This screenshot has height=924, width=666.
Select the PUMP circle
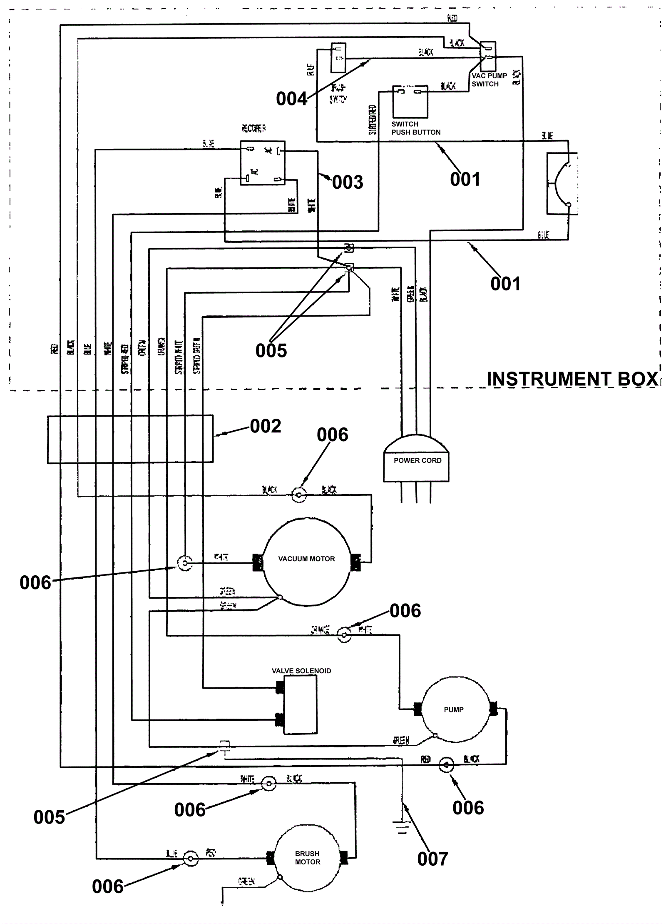[454, 709]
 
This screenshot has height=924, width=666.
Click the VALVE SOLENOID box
[300, 704]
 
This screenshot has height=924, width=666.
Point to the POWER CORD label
[417, 460]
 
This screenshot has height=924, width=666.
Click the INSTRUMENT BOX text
[572, 379]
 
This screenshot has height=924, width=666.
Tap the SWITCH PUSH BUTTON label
[415, 128]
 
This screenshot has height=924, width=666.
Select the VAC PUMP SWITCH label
[489, 80]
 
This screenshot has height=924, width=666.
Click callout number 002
[266, 426]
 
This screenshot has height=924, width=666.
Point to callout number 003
[348, 182]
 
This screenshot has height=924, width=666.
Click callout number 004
[291, 99]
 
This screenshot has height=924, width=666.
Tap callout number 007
[432, 859]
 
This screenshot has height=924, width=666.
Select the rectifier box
[263, 163]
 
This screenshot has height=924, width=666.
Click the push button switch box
[410, 102]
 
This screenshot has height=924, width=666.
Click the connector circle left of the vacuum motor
[185, 564]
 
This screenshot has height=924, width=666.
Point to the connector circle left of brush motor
[191, 859]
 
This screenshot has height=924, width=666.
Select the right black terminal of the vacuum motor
[355, 562]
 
